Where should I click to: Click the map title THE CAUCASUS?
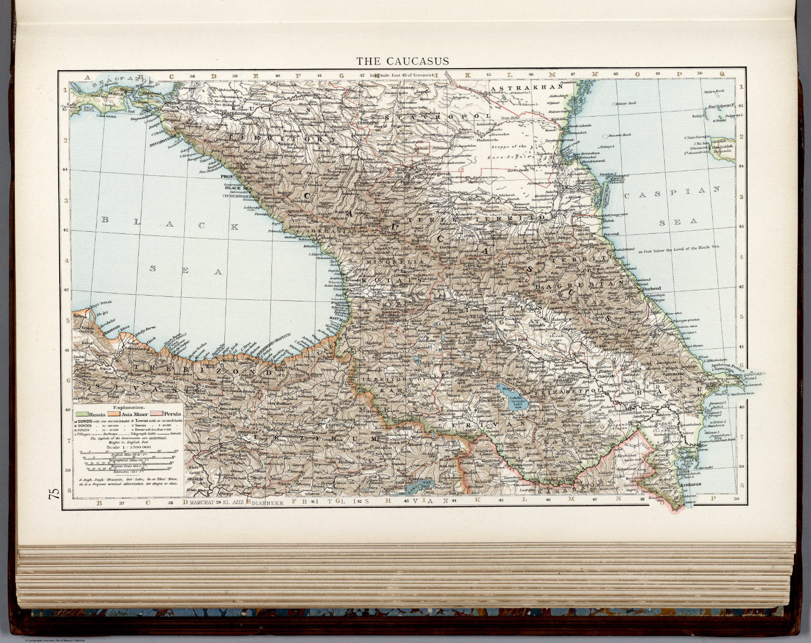click(x=402, y=61)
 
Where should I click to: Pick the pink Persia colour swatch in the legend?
click(x=157, y=414)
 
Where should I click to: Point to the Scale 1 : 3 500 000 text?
click(x=129, y=447)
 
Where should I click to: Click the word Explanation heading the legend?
click(x=128, y=408)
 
